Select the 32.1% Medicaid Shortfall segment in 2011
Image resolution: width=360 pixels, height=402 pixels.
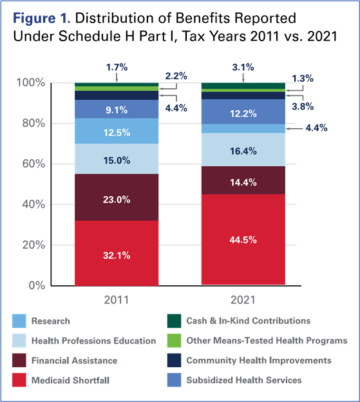pos(117,253)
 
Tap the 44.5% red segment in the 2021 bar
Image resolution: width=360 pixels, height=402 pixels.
pos(243,240)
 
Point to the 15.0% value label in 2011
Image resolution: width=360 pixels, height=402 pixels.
pos(117,159)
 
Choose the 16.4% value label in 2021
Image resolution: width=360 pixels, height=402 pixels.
pos(243,151)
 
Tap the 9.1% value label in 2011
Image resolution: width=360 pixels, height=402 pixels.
pos(117,110)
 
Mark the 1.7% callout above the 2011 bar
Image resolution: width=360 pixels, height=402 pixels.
pos(116,66)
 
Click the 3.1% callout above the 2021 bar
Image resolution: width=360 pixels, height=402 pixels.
pos(243,66)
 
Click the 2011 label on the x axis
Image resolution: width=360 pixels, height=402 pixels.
pos(117,299)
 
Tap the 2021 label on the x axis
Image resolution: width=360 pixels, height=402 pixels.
pos(243,299)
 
